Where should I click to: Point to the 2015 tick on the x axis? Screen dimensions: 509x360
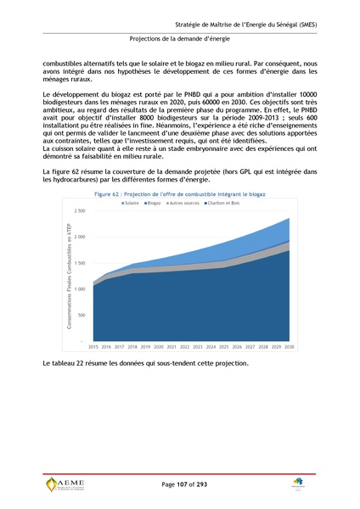[93, 347]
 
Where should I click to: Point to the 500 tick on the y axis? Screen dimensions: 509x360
[81, 315]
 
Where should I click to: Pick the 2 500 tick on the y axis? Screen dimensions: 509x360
[79, 210]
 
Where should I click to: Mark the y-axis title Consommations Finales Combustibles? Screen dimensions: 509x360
[67, 276]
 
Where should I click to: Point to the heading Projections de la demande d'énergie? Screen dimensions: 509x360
[180, 38]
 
